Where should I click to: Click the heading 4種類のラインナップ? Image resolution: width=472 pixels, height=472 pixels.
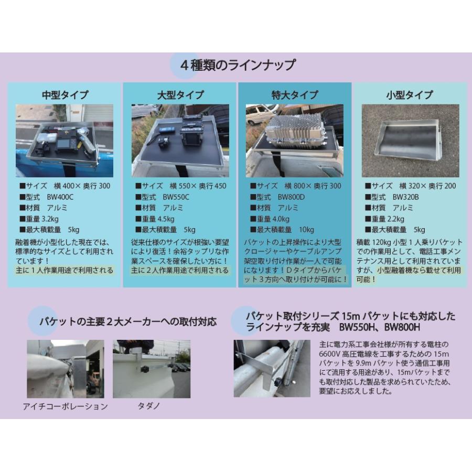tap(237, 66)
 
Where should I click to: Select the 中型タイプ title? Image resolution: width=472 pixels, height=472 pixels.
tap(65, 95)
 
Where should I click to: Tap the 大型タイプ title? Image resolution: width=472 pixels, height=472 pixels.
tap(180, 95)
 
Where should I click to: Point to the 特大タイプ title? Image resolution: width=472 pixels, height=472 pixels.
tap(295, 95)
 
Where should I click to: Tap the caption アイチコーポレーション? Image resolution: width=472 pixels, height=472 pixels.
tap(66, 406)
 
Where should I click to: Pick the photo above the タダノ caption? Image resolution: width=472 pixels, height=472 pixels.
tap(152, 369)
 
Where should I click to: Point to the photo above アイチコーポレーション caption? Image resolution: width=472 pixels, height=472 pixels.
tap(66, 369)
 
